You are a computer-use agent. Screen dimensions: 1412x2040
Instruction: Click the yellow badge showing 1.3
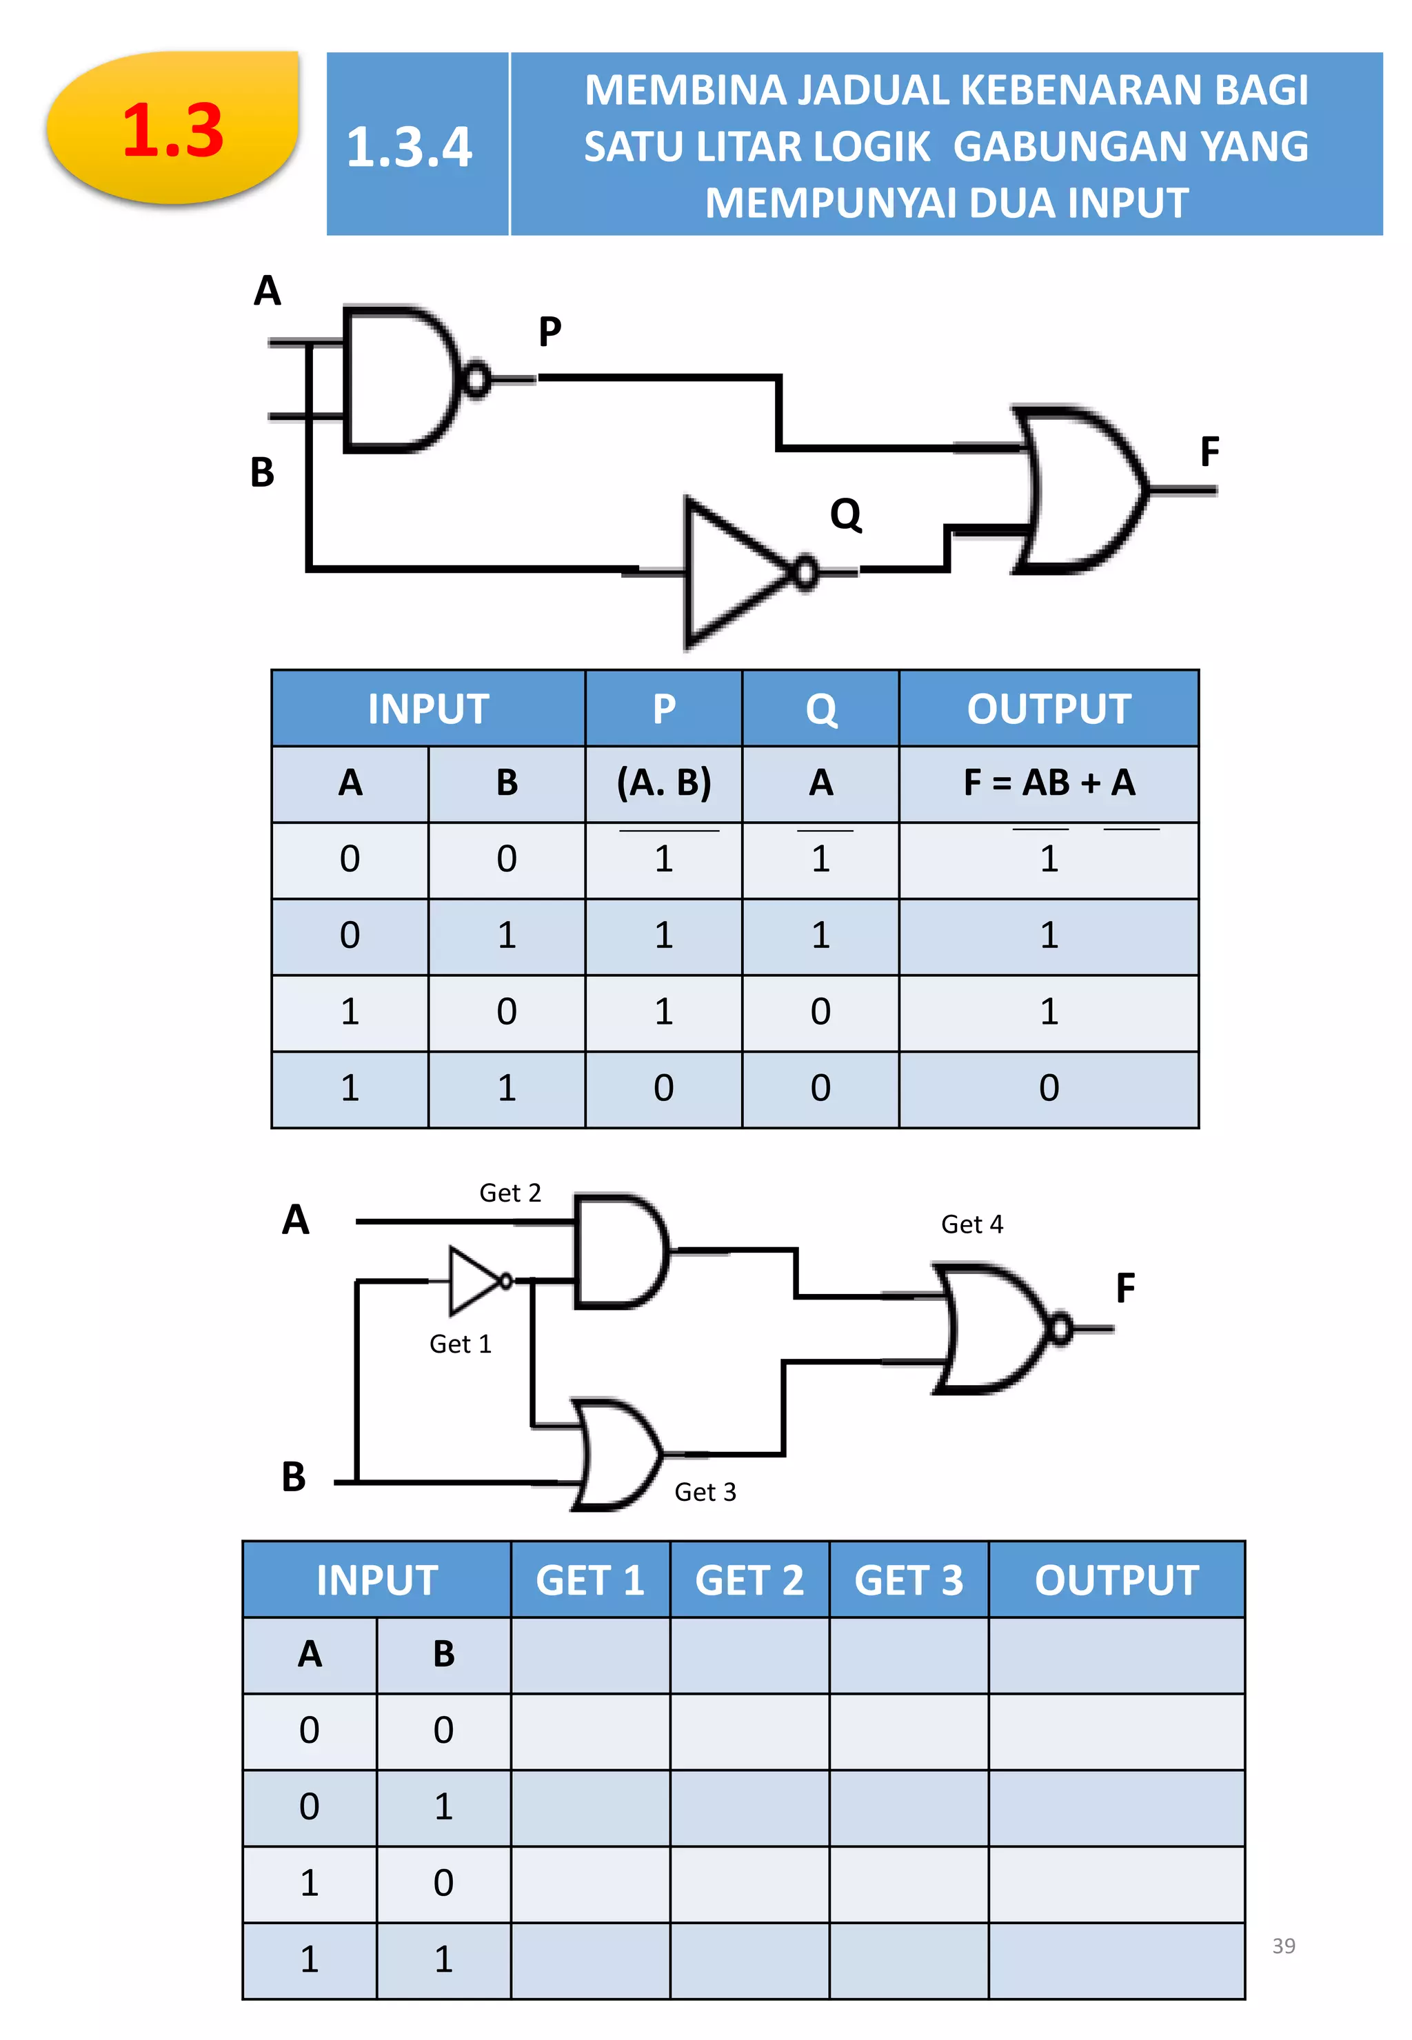coord(172,128)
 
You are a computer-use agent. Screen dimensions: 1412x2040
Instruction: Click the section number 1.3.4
coord(409,147)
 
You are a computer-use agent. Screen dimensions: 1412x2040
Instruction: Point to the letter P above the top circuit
coord(549,332)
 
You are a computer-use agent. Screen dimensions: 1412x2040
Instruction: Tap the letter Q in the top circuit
coord(846,514)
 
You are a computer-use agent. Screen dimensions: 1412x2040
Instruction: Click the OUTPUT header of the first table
coord(1049,709)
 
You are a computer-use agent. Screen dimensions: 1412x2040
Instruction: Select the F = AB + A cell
coord(1049,783)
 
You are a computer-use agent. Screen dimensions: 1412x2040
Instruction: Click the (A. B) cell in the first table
coord(663,783)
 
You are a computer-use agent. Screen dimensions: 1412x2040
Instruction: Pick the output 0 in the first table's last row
coord(1049,1088)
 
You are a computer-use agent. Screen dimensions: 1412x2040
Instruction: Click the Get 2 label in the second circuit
coord(510,1193)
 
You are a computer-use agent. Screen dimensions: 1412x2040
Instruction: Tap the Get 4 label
coord(971,1224)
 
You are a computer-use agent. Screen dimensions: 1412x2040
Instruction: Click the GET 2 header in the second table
coord(749,1580)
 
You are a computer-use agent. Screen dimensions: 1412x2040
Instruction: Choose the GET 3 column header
coord(909,1580)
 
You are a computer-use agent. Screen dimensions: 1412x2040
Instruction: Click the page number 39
coord(1284,1946)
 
